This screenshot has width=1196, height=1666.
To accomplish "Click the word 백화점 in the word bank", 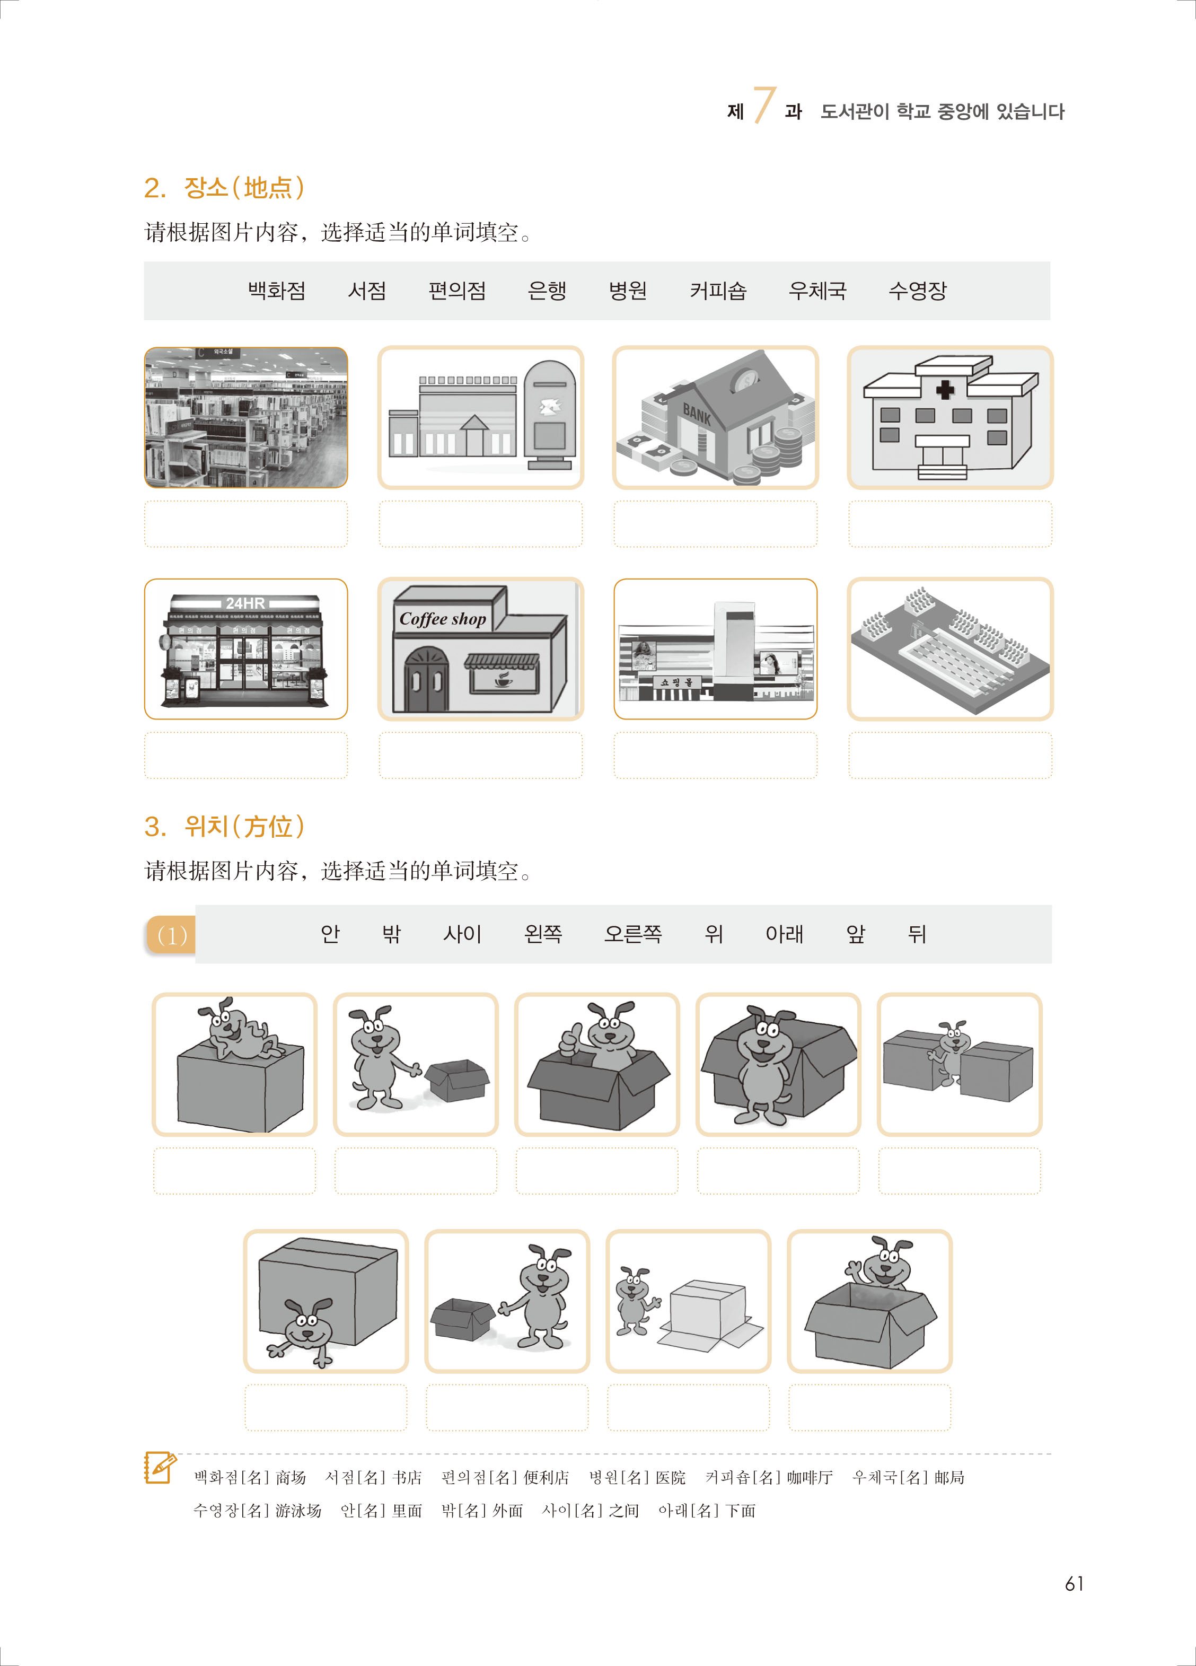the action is pos(276,291).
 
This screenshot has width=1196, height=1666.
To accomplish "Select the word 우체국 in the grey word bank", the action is pos(817,291).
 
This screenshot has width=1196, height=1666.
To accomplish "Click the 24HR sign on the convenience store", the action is pos(245,603).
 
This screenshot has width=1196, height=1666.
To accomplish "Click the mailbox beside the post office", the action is pos(550,414).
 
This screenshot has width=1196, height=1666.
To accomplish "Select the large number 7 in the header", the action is pos(764,105).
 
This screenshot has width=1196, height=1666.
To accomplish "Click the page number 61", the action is pos(1074,1584).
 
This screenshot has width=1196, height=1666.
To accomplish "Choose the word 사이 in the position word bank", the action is pos(462,934).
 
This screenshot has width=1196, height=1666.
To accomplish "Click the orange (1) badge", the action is pos(171,935).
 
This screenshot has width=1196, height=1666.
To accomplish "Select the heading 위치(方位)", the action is pos(224,827).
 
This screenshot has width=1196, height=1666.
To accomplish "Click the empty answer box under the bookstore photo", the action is pos(246,524).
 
